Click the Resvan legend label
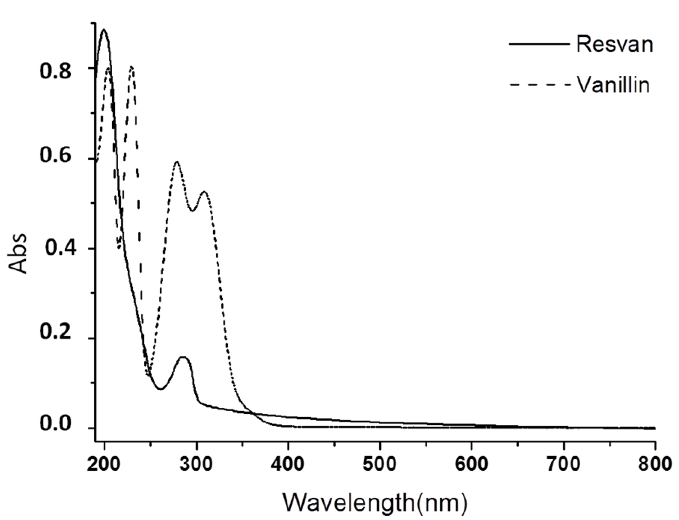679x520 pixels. pos(615,44)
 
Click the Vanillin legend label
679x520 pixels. pos(613,85)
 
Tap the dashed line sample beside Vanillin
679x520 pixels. pos(539,85)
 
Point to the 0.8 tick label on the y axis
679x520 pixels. pos(56,71)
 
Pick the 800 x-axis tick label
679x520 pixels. pos(655,465)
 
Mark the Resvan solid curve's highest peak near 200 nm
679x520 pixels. pos(104,30)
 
